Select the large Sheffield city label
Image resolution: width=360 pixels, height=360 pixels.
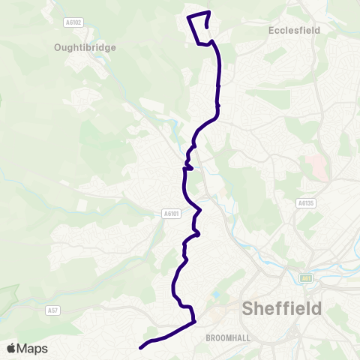tap(282, 308)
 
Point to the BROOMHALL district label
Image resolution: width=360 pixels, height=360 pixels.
tap(228, 338)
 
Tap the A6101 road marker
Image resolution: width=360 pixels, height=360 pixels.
tap(172, 214)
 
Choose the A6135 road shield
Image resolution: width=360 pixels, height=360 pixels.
tap(305, 202)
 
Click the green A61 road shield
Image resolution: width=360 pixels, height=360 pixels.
tap(307, 279)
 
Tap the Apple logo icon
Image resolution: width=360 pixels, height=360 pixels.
tap(11, 349)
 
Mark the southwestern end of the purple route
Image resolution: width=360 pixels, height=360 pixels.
tap(141, 347)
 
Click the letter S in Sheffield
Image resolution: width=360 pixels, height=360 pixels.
tap(248, 308)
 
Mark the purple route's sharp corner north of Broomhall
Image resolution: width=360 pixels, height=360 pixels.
tap(194, 321)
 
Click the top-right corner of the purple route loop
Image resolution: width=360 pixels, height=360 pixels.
tap(209, 12)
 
